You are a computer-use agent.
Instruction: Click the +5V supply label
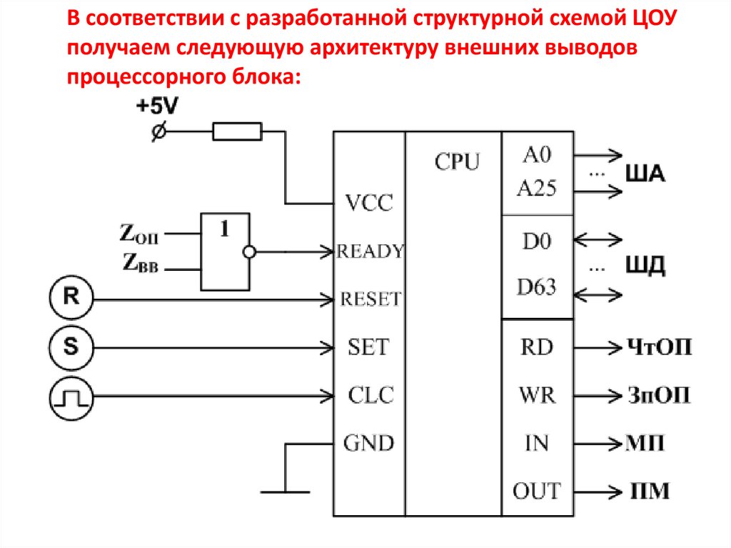pyautogui.click(x=158, y=106)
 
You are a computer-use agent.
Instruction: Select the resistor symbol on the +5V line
pyautogui.click(x=237, y=131)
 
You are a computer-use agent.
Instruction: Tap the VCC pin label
pyautogui.click(x=368, y=203)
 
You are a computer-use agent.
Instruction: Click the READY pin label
pyautogui.click(x=370, y=251)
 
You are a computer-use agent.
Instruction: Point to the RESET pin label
pyautogui.click(x=370, y=299)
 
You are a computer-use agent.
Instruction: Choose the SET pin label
pyautogui.click(x=368, y=347)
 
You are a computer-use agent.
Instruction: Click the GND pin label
pyautogui.click(x=368, y=443)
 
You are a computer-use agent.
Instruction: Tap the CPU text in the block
pyautogui.click(x=458, y=162)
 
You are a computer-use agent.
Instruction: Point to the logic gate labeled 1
pyautogui.click(x=226, y=251)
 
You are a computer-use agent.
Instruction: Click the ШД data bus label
pyautogui.click(x=645, y=268)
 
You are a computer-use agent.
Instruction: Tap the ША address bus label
pyautogui.click(x=645, y=174)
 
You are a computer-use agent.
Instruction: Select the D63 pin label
pyautogui.click(x=536, y=288)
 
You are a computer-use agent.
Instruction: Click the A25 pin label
pyautogui.click(x=537, y=189)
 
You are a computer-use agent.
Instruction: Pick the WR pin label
pyautogui.click(x=537, y=395)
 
